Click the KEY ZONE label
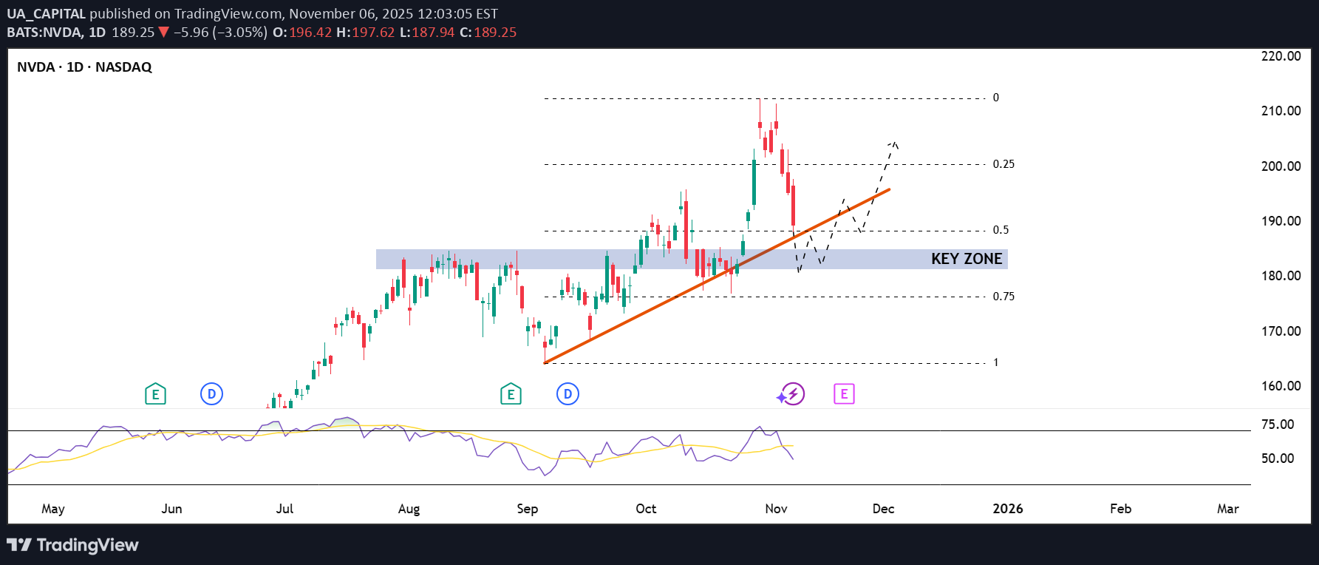[966, 259]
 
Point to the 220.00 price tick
[1281, 56]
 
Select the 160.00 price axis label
[1281, 386]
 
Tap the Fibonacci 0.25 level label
[1003, 164]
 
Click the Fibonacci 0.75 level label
[1003, 297]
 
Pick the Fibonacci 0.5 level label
[1001, 230]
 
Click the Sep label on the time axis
[527, 509]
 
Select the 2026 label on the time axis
[1007, 509]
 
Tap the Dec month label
[883, 509]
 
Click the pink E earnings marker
[844, 394]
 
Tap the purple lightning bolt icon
[793, 394]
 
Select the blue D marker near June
[211, 394]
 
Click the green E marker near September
[511, 394]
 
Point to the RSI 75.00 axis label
[1278, 424]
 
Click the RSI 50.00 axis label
[1278, 459]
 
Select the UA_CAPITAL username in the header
[46, 14]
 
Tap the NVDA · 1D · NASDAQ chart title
[84, 67]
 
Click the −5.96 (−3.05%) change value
[219, 33]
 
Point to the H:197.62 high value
[365, 33]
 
